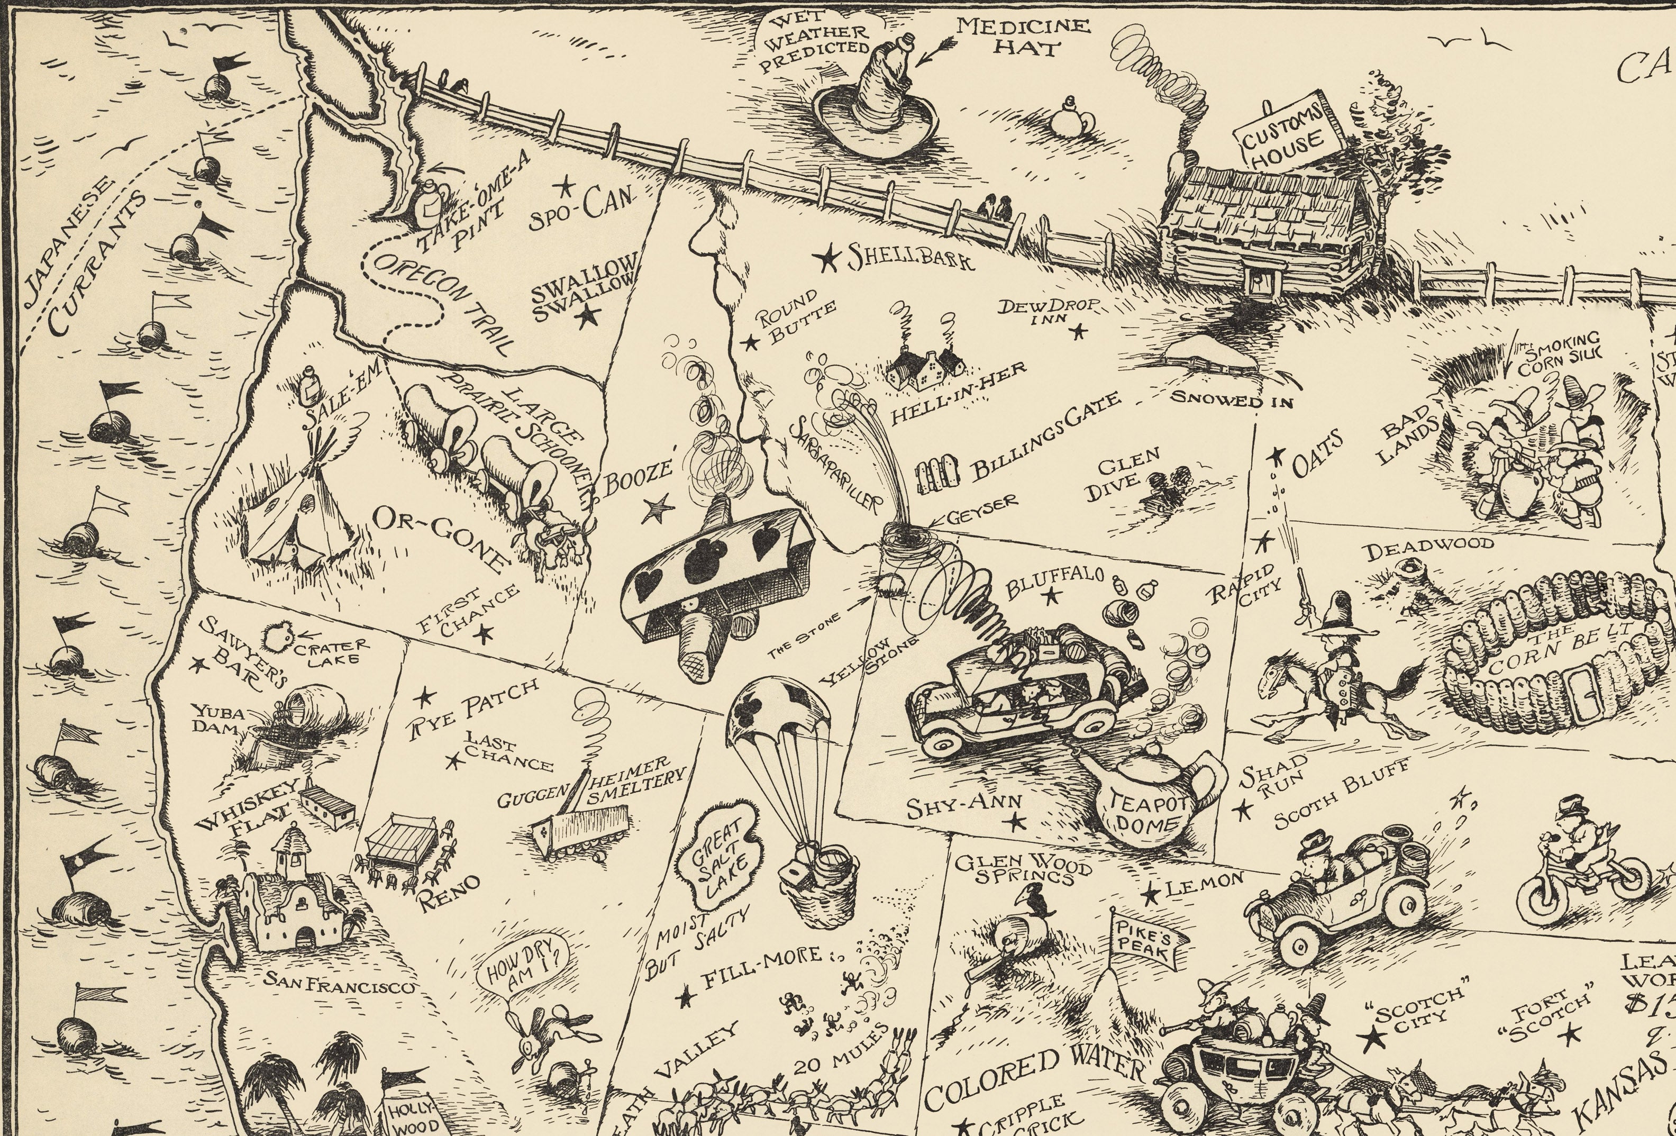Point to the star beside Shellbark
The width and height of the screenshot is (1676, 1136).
pyautogui.click(x=828, y=258)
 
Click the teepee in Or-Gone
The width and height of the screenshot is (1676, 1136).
pyautogui.click(x=296, y=512)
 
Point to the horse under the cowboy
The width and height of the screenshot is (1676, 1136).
pyautogui.click(x=1341, y=693)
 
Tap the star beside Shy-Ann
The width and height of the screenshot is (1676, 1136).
pyautogui.click(x=1017, y=820)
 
